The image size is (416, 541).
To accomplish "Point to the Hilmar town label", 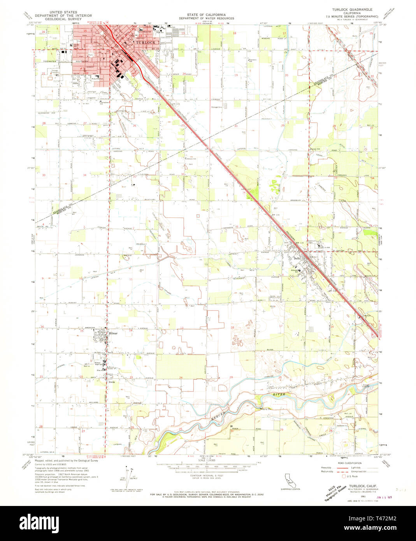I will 113,334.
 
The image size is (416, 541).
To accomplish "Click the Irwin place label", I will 112,382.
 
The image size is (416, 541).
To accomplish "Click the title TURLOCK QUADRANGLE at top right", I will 352,9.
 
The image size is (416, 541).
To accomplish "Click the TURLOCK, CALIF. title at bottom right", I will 364,486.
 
